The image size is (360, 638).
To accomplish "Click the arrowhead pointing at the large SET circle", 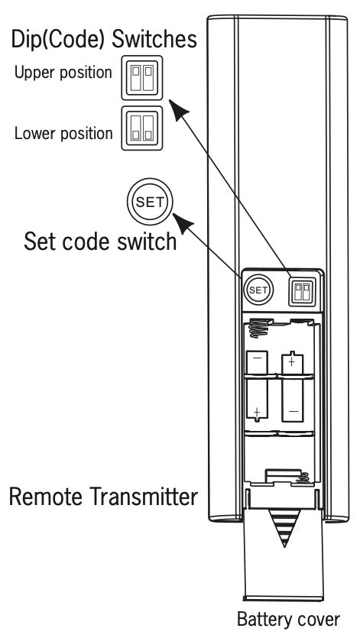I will pos(184,224).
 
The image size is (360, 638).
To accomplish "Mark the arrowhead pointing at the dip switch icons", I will pos(177,112).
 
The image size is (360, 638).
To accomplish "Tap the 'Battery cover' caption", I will pos(287,619).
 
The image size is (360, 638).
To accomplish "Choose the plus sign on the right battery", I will pos(292,361).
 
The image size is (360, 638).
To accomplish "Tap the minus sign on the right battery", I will pos(292,411).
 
